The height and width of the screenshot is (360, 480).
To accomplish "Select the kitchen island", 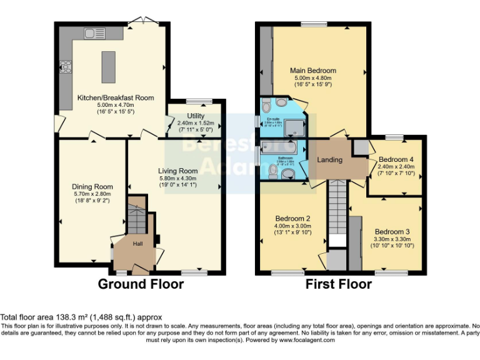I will (108, 66).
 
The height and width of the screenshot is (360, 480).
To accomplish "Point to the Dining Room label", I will (92, 186).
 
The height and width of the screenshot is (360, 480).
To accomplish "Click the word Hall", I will (138, 244).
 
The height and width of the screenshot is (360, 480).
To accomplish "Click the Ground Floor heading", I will (141, 284).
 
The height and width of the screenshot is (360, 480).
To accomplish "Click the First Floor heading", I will (338, 284).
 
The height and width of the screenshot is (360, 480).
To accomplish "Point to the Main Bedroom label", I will (312, 71).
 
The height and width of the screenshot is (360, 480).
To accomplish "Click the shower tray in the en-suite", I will (293, 129).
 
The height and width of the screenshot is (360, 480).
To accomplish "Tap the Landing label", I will (329, 161).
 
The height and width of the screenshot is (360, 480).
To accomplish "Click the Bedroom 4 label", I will (396, 159).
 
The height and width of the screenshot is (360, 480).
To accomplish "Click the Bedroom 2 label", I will (292, 218).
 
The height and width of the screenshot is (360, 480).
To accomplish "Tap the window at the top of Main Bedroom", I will (309, 24).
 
